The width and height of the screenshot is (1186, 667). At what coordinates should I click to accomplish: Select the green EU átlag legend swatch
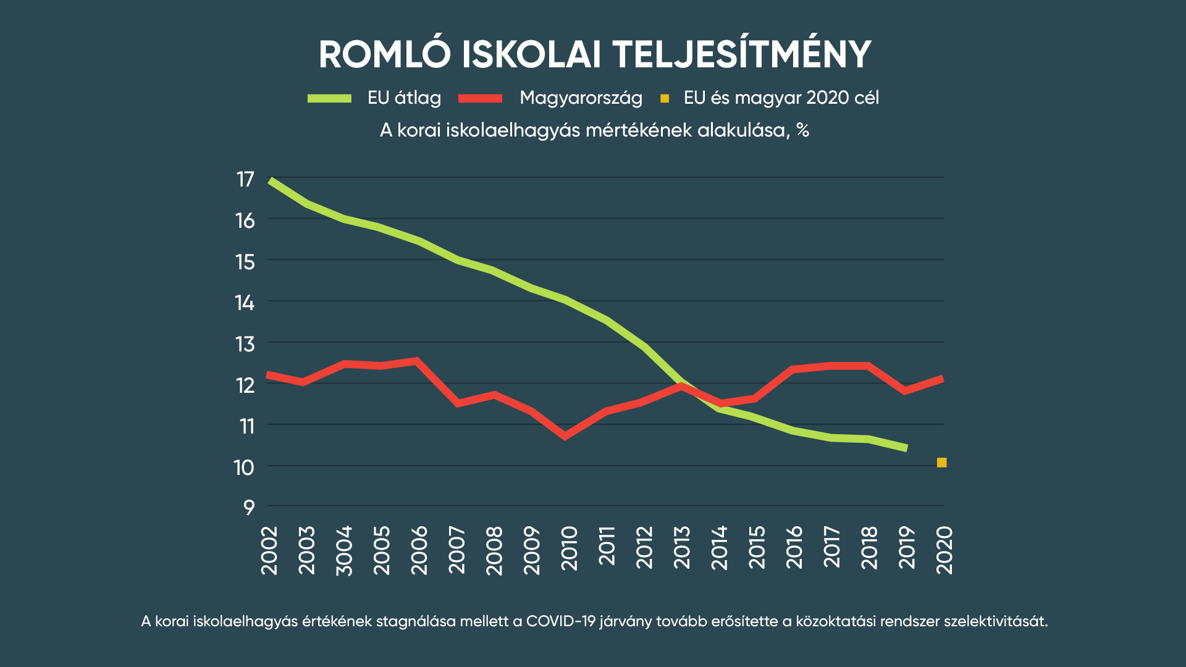pyautogui.click(x=329, y=98)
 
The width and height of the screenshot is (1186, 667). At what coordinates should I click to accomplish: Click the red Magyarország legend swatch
pyautogui.click(x=480, y=98)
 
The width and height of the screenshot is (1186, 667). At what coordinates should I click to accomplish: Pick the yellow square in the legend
pyautogui.click(x=665, y=99)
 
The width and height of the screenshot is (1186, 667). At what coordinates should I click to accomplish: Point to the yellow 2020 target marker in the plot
pyautogui.click(x=941, y=463)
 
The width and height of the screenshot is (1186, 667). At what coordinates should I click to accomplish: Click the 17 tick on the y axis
pyautogui.click(x=245, y=179)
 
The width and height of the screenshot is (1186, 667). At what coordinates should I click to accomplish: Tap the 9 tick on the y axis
pyautogui.click(x=248, y=508)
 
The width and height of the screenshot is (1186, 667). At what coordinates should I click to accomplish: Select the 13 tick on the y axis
pyautogui.click(x=245, y=344)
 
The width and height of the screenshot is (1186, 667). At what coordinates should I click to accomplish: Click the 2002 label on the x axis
pyautogui.click(x=270, y=550)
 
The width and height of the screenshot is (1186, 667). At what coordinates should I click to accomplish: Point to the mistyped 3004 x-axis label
pyautogui.click(x=344, y=550)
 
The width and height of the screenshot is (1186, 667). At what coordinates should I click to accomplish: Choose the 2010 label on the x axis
pyautogui.click(x=569, y=548)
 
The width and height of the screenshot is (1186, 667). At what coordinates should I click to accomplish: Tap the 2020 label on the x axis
pyautogui.click(x=944, y=550)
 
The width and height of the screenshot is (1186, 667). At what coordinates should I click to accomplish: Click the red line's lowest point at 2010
pyautogui.click(x=565, y=437)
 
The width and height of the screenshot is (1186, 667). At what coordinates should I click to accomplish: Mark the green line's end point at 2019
pyautogui.click(x=906, y=448)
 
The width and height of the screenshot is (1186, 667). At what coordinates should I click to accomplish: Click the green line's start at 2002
pyautogui.click(x=271, y=180)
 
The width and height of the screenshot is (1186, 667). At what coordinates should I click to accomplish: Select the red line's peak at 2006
pyautogui.click(x=417, y=361)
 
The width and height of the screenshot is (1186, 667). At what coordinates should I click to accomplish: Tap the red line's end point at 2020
pyautogui.click(x=943, y=379)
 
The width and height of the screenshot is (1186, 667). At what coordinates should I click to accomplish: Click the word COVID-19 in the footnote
pyautogui.click(x=560, y=621)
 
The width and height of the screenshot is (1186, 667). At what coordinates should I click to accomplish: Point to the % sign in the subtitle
pyautogui.click(x=802, y=130)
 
